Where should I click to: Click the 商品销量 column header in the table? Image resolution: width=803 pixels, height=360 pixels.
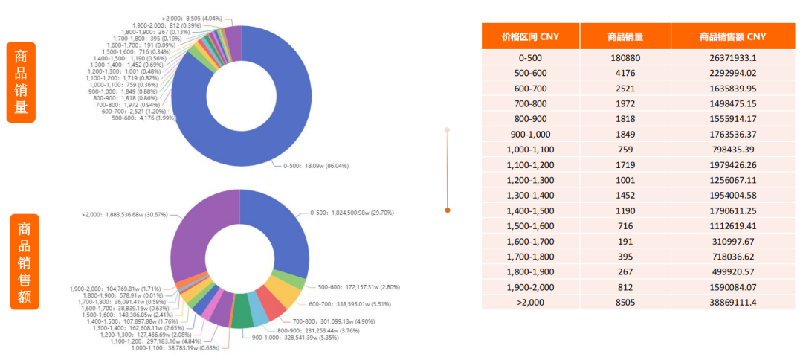625,36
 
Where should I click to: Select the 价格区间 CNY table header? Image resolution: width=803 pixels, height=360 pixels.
531,36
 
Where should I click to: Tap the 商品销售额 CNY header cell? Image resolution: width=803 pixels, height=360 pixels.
732,36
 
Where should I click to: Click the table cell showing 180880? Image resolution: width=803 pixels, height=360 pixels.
625,58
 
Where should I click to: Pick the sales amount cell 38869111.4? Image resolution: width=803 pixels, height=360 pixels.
732,302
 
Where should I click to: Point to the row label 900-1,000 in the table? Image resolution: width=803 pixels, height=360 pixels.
531,134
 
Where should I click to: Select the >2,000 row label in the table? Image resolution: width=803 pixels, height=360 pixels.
531,302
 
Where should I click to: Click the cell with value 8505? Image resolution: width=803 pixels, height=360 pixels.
625,302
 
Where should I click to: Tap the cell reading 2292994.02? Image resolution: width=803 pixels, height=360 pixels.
732,73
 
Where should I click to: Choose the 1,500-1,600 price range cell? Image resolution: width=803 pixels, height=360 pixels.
531,225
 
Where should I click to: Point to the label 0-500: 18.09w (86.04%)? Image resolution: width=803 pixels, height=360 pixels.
316,166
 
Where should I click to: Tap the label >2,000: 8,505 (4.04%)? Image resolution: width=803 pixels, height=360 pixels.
192,17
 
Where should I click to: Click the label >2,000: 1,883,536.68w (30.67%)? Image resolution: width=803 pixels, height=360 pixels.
123,215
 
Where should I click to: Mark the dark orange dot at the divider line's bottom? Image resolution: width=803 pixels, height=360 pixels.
447,210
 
